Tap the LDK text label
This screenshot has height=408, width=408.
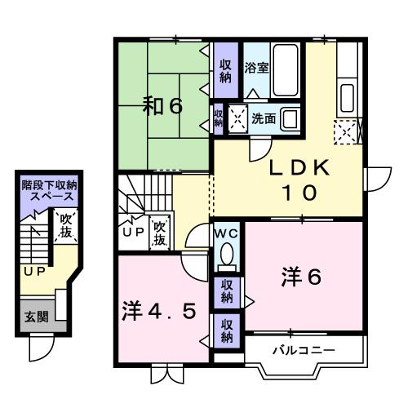(x=299, y=168)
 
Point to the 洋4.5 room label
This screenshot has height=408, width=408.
(x=160, y=312)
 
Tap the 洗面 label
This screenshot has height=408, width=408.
(x=263, y=118)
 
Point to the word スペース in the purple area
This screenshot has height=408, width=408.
(x=51, y=198)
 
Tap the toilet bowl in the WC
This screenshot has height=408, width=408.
(x=226, y=251)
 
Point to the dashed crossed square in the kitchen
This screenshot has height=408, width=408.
(x=345, y=129)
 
